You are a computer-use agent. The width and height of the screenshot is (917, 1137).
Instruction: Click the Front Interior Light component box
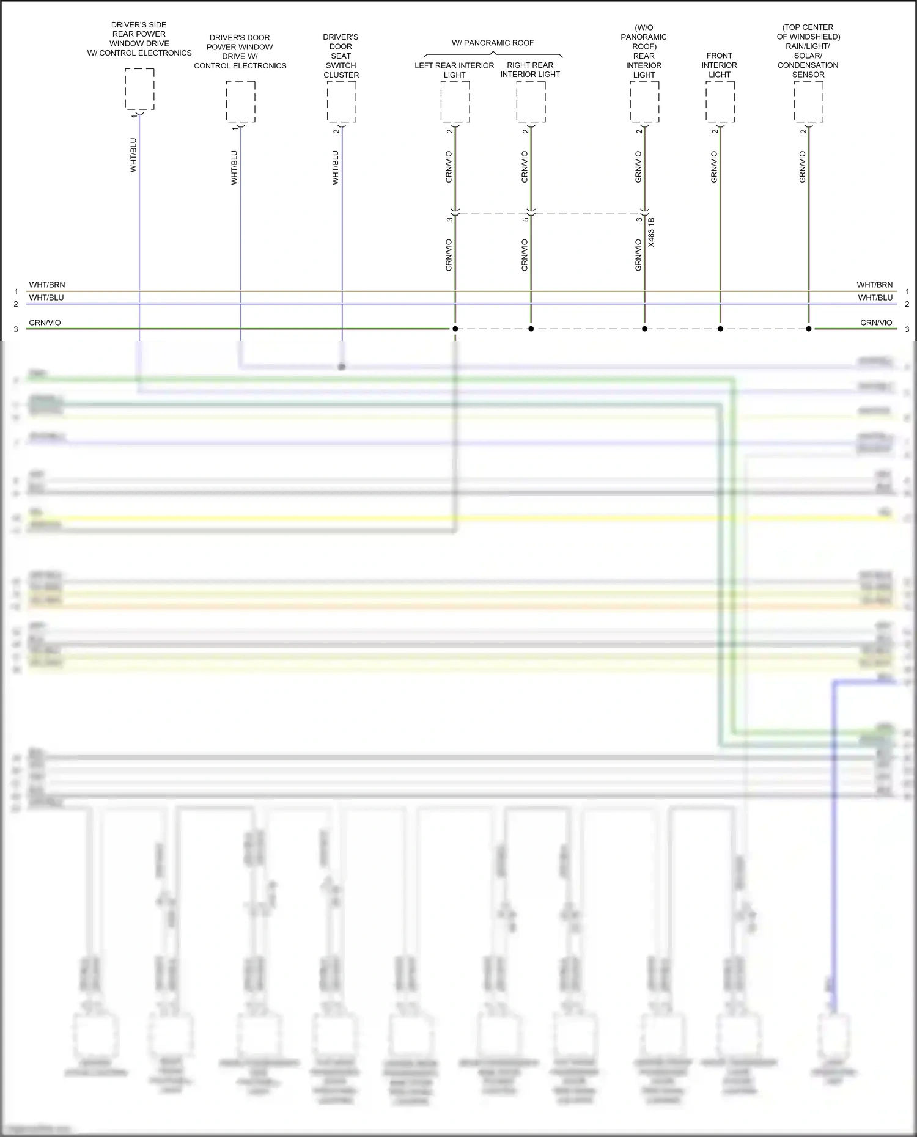(720, 101)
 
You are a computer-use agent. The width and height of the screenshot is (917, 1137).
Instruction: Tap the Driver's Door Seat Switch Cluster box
(341, 101)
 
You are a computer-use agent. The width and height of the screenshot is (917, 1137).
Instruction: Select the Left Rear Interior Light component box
(455, 101)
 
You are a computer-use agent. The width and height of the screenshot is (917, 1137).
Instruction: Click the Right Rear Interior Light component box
(531, 101)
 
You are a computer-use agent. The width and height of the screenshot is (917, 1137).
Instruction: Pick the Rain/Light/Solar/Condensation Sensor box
(808, 101)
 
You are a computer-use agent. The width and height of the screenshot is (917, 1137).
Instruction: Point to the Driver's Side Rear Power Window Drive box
(139, 89)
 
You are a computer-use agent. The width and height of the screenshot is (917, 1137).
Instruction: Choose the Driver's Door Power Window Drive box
(240, 101)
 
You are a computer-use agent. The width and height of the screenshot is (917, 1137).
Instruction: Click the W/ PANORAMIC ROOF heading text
(493, 43)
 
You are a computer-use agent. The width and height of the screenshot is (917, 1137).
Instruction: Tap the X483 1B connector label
(651, 232)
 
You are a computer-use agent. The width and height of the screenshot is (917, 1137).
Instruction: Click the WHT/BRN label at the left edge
(47, 285)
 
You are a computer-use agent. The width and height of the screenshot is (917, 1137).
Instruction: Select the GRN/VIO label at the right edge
(876, 323)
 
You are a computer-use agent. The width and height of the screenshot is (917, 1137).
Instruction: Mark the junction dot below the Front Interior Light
(720, 329)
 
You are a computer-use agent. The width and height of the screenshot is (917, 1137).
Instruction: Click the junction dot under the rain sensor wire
(809, 329)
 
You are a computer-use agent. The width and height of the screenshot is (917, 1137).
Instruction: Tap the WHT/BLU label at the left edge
(46, 298)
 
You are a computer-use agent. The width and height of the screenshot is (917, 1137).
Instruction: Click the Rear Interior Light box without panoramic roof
(644, 101)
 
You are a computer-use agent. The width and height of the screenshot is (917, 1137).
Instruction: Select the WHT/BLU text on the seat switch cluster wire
(335, 167)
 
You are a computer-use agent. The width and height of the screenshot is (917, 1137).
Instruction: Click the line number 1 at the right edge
(907, 292)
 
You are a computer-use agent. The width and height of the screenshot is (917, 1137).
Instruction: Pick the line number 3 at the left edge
(16, 329)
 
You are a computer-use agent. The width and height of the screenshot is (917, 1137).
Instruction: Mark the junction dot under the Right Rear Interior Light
(531, 329)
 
